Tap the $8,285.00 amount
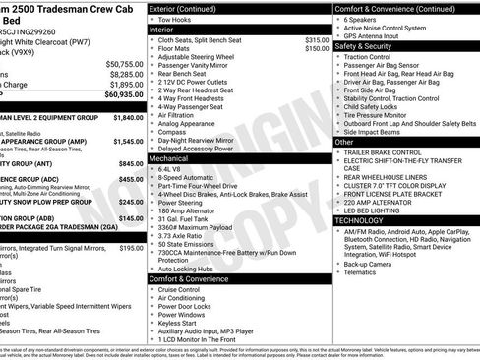(126, 74)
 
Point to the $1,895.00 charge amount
(126, 85)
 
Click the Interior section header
(161, 30)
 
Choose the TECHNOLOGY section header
(365, 220)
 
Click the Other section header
(344, 142)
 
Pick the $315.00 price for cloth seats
(317, 40)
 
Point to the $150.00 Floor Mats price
(317, 48)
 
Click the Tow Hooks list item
(174, 19)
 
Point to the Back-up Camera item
(370, 264)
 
